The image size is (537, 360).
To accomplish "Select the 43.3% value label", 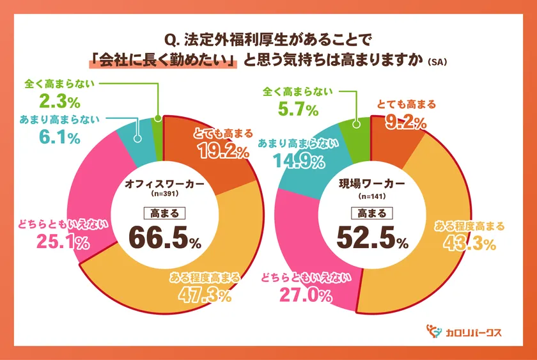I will [x=471, y=243].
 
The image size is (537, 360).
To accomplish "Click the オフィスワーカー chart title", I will [x=165, y=184].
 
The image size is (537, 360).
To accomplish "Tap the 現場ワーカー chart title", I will [x=371, y=184].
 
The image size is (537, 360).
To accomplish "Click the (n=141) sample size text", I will [x=371, y=195].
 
